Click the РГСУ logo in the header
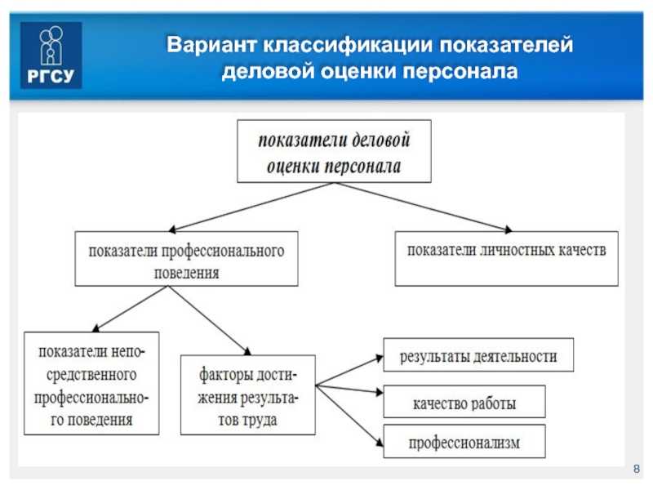pos(51,55)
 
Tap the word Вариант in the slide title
pos(211,44)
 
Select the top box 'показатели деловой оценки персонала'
pos(334,151)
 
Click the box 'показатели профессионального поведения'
pos(187,259)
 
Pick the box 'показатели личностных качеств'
pos(506,259)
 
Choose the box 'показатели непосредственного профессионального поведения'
pos(91,383)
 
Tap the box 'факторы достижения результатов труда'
pos(248,395)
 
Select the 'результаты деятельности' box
pos(478,355)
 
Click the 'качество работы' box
pos(464,402)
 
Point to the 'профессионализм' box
pos(464,441)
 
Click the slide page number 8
pos(637,469)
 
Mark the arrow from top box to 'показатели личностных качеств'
pos(423,207)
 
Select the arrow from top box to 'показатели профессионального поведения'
pos(251,207)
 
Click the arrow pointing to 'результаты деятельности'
pos(349,371)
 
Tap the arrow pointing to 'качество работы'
pos(349,390)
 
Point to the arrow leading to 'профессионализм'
pos(349,416)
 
